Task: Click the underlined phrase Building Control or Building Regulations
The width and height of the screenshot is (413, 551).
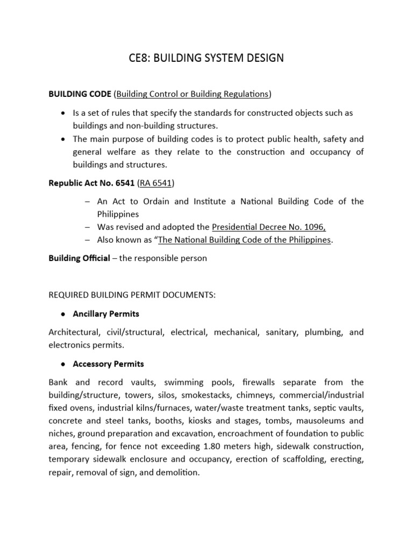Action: pyautogui.click(x=193, y=94)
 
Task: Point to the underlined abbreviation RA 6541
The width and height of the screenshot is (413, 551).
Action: pyautogui.click(x=155, y=183)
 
